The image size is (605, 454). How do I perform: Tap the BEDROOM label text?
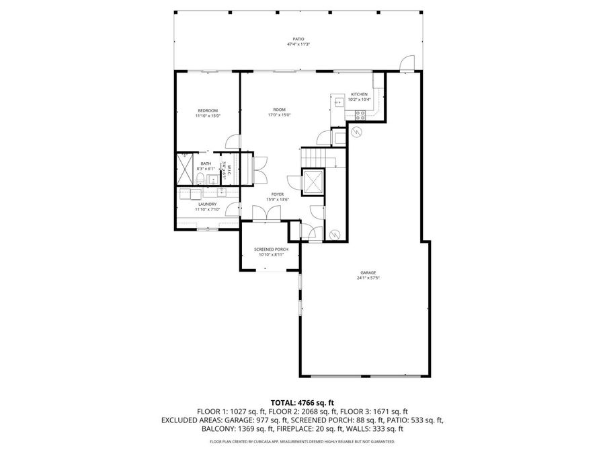pyautogui.click(x=208, y=110)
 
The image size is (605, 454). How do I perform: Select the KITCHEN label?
pyautogui.click(x=359, y=94)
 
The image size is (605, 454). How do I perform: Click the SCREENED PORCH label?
pyautogui.click(x=271, y=250)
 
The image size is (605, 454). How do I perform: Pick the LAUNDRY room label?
pyautogui.click(x=207, y=204)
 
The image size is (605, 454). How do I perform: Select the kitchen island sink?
pyautogui.click(x=339, y=102)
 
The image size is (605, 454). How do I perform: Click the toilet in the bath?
pyautogui.click(x=200, y=178)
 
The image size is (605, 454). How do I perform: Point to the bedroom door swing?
pyautogui.click(x=232, y=142)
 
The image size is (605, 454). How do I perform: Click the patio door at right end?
pyautogui.click(x=406, y=63)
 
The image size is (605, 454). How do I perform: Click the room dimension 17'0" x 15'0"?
pyautogui.click(x=279, y=115)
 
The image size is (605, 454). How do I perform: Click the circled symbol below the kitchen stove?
pyautogui.click(x=357, y=131)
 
